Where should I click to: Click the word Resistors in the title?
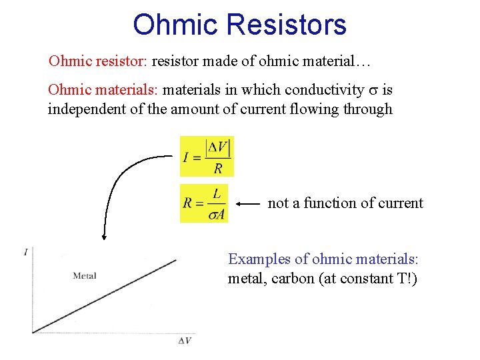(287, 25)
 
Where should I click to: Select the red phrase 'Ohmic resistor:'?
(98, 62)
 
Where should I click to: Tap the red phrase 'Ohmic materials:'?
(103, 89)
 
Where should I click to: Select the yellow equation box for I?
(207, 156)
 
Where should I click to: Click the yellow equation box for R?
(203, 203)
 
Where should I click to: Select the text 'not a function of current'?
(345, 203)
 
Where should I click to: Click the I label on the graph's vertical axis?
(25, 252)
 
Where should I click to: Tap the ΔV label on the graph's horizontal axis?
(185, 341)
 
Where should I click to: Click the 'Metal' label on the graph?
(85, 276)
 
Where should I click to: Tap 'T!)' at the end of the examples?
(403, 279)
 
